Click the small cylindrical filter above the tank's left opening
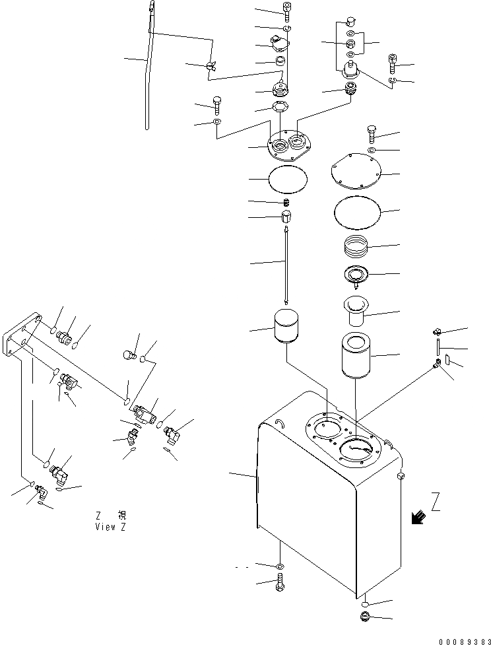(x=286, y=326)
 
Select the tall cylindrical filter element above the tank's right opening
(x=356, y=356)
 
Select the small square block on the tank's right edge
(x=401, y=475)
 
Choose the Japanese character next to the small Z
(x=121, y=515)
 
